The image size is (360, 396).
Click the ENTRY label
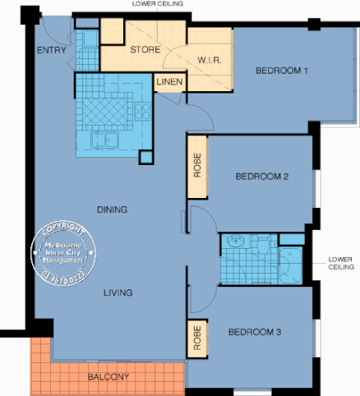[x=52, y=50]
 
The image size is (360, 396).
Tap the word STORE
[x=145, y=49]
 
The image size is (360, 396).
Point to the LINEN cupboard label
[x=169, y=82]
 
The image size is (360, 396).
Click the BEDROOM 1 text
[x=281, y=71]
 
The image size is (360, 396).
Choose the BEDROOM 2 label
[x=261, y=176]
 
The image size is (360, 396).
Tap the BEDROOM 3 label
[x=255, y=332]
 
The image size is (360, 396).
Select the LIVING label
[x=118, y=292]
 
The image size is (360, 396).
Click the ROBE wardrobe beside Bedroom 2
[x=197, y=168]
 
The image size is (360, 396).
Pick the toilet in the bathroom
[x=263, y=246]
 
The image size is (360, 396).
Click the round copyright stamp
[x=68, y=251]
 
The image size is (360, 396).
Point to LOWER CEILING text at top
[x=157, y=4]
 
